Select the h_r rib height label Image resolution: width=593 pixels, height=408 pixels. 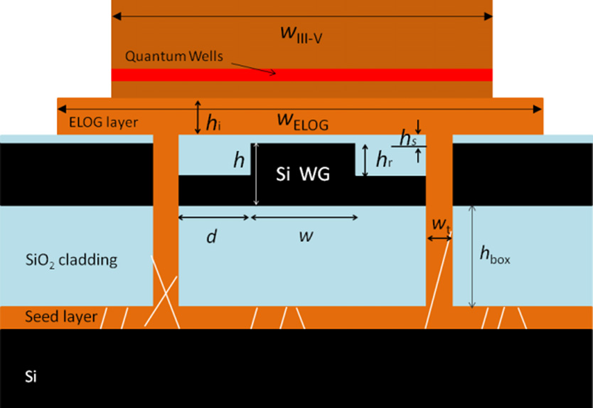[x=383, y=160]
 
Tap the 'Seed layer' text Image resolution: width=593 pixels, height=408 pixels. [x=60, y=316]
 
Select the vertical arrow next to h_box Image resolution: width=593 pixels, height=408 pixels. [x=472, y=257]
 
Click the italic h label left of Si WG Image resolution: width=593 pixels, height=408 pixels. [x=238, y=161]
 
